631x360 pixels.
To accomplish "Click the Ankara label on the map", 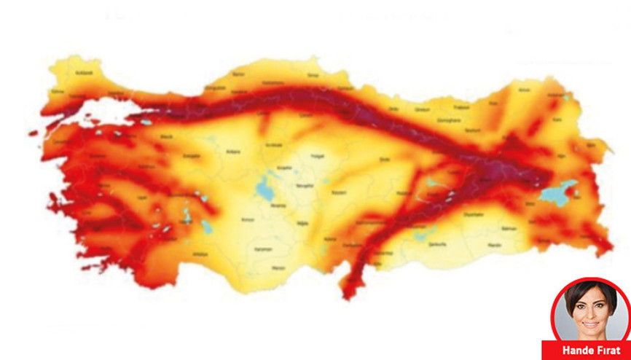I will [x=213, y=152].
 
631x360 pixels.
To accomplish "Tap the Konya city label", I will [x=249, y=219].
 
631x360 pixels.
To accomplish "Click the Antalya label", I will [x=198, y=254].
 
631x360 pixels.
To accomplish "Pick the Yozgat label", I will [x=315, y=156].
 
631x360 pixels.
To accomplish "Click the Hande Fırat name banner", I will [x=587, y=351].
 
